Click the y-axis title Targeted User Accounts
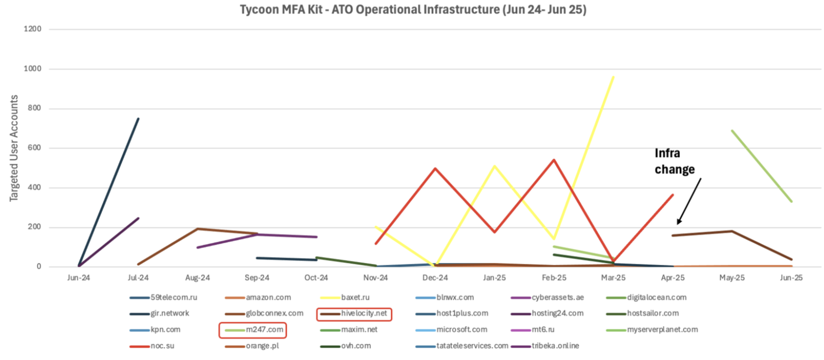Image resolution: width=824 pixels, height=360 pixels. point(14,148)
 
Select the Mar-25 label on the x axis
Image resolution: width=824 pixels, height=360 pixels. point(613,277)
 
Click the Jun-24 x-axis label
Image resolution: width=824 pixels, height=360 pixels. point(78,277)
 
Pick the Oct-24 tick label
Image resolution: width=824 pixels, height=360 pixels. point(316,277)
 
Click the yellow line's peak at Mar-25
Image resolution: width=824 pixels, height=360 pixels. point(614,77)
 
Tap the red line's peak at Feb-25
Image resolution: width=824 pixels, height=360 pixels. point(554,160)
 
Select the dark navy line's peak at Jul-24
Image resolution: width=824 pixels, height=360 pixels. point(138,119)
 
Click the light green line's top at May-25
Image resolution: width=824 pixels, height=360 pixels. point(732,130)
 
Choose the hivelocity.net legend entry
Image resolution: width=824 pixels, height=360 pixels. point(364,314)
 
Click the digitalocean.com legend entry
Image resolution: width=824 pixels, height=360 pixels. point(656,298)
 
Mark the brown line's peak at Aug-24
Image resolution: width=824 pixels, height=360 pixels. point(197,229)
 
